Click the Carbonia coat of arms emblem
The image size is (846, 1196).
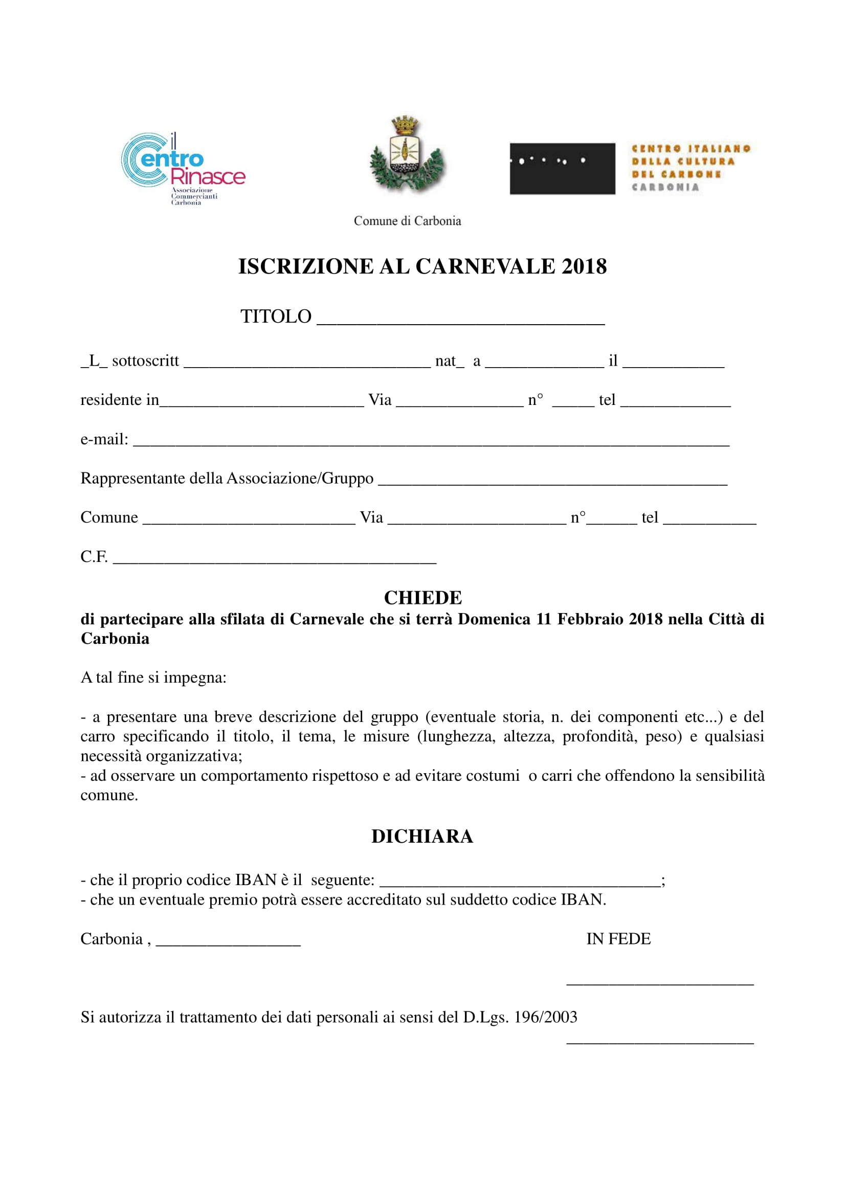pos(406,155)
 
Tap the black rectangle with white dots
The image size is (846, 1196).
pos(562,168)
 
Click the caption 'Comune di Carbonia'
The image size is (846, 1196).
pos(407,221)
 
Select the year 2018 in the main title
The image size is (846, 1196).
pos(584,267)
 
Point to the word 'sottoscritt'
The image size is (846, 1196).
pos(145,361)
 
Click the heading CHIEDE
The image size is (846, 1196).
pos(422,597)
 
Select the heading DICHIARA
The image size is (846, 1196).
pos(422,836)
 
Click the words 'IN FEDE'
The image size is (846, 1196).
pos(618,939)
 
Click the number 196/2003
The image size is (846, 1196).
pos(545,1017)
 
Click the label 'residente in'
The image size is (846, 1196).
pos(119,400)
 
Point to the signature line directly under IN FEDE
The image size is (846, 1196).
pos(659,983)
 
